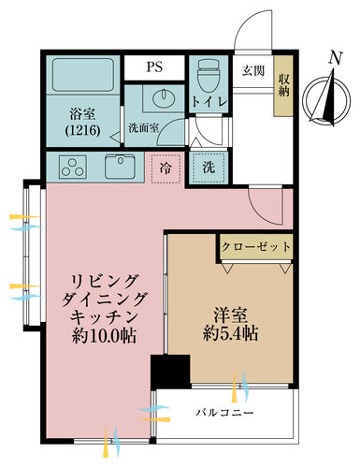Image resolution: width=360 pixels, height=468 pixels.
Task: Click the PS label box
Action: click(154, 67)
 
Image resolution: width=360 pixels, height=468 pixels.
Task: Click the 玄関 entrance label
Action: click(252, 71)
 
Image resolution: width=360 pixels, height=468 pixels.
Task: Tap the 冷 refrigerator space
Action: click(165, 168)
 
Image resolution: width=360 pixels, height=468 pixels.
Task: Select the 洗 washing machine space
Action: click(207, 168)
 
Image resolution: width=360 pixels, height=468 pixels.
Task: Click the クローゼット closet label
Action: click(256, 247)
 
